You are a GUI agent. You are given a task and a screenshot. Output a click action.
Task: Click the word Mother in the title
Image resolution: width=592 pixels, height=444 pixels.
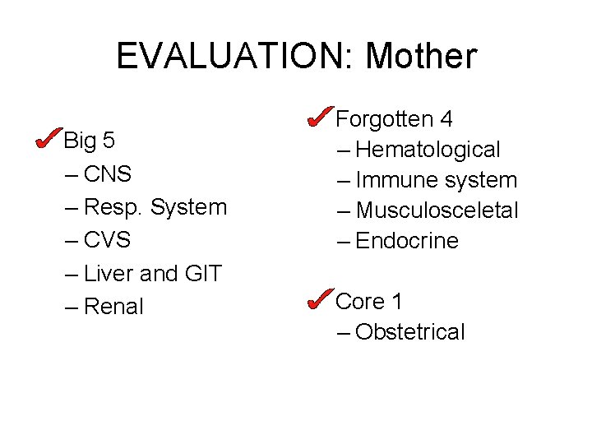coord(420,57)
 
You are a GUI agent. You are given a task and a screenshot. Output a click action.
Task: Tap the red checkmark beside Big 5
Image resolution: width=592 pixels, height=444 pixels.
coord(47,138)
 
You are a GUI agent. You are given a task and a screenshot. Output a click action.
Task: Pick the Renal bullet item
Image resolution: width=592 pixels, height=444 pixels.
coord(114,307)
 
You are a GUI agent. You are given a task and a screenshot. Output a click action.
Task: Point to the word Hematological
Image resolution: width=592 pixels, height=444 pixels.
coord(428,150)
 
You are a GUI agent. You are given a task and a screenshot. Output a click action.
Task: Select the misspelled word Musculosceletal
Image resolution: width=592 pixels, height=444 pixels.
coord(437,210)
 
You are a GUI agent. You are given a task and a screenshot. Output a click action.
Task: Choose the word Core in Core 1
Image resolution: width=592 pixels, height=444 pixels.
coord(360,302)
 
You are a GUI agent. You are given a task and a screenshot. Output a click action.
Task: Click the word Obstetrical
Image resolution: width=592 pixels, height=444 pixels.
coord(410,332)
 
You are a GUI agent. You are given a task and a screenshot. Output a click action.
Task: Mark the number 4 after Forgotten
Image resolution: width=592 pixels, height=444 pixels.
coord(446,119)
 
